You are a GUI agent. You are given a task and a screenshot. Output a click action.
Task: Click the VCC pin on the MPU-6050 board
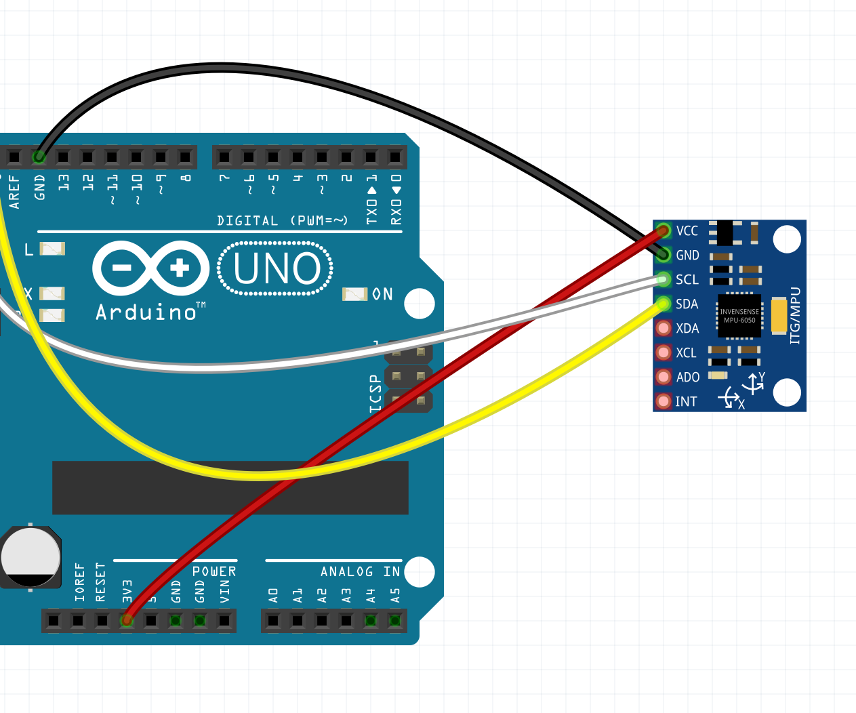[664, 230]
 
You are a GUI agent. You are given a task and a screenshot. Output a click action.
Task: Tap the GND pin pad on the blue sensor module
[664, 255]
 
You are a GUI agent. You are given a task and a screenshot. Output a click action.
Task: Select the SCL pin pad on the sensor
[664, 279]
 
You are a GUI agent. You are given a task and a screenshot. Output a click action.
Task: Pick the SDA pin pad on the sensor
[664, 304]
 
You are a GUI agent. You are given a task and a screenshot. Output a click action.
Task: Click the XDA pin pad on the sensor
[664, 328]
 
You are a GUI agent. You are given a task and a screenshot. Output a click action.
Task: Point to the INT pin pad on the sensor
[664, 401]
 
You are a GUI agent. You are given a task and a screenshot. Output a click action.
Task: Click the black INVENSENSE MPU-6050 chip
[739, 316]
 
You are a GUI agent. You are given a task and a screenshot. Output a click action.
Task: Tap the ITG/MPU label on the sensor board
[796, 316]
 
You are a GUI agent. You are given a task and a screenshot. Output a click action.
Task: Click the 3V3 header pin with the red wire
[127, 620]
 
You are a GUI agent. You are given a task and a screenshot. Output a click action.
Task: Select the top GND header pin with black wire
[39, 157]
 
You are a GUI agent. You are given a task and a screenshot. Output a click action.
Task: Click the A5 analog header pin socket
[394, 620]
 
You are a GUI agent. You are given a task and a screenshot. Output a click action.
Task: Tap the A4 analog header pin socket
[370, 620]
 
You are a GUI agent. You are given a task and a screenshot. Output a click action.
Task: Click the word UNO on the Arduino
[277, 268]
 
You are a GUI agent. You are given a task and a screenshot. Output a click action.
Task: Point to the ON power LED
[355, 294]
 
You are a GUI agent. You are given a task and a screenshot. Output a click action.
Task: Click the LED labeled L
[52, 249]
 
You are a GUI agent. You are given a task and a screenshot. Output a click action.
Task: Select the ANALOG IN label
[360, 572]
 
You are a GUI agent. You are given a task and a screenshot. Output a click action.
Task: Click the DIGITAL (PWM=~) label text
[282, 221]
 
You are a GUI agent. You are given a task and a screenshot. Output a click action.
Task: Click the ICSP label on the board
[375, 394]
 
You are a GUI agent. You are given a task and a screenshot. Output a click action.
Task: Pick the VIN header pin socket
[224, 620]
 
